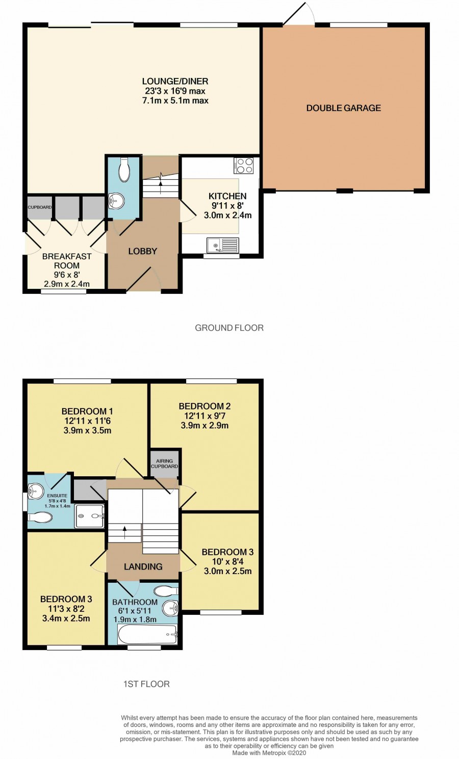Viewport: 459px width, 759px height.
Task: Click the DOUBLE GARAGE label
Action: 344,108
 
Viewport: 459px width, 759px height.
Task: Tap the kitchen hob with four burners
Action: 244,166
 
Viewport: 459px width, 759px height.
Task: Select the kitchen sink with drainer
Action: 223,245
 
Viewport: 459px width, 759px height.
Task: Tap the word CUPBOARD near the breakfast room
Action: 40,207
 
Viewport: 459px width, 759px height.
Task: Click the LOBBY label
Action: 143,251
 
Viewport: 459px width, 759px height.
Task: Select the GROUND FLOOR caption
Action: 229,328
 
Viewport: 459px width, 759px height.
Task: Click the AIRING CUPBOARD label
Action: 165,464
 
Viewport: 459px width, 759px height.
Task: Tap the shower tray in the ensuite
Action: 90,516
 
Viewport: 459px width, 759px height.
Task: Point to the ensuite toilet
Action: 40,518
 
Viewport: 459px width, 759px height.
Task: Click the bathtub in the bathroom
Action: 147,635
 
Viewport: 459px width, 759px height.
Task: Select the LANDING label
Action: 143,566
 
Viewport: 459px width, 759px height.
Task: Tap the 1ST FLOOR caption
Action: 146,684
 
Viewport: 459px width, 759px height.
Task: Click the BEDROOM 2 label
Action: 205,406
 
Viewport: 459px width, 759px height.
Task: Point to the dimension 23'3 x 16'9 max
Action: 175,91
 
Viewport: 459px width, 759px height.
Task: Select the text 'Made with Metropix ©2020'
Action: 269,753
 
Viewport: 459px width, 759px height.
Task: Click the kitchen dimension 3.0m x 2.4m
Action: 227,215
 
